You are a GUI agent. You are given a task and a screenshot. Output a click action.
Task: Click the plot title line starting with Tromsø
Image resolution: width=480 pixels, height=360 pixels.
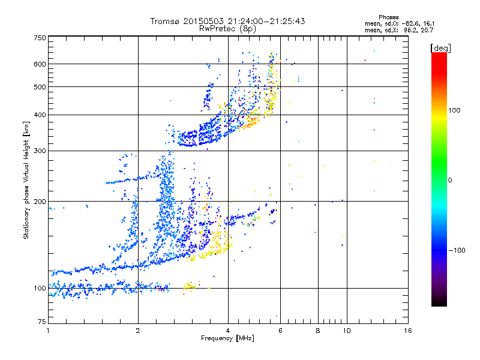[x=227, y=21]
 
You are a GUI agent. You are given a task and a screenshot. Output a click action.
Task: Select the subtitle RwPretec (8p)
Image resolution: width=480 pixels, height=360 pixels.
[x=227, y=28]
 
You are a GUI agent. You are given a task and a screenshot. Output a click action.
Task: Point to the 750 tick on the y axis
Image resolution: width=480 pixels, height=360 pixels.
[x=40, y=38]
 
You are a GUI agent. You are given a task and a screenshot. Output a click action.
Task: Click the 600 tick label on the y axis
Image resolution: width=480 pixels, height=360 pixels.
[x=40, y=64]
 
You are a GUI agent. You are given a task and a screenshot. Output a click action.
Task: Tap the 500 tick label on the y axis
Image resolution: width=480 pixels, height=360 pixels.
[x=40, y=87]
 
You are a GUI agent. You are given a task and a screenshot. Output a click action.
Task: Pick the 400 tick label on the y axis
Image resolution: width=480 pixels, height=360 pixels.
[x=40, y=115]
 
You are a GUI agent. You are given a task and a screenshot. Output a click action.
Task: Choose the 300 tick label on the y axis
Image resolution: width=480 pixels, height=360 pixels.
[x=40, y=151]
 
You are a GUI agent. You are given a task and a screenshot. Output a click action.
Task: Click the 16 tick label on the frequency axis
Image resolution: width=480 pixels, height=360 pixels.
[x=407, y=331]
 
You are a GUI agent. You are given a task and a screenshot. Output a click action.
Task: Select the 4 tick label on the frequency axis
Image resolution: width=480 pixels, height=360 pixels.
[x=228, y=331]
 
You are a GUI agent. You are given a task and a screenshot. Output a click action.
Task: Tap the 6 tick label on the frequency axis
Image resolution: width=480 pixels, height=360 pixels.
[x=280, y=331]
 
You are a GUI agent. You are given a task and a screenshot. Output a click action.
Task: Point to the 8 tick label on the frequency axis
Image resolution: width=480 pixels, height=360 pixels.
[x=318, y=331]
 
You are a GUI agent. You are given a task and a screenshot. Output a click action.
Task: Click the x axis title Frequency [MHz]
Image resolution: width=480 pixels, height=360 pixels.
[x=227, y=338]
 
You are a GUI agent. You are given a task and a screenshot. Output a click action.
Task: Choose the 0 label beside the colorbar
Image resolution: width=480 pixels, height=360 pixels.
[x=451, y=180]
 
